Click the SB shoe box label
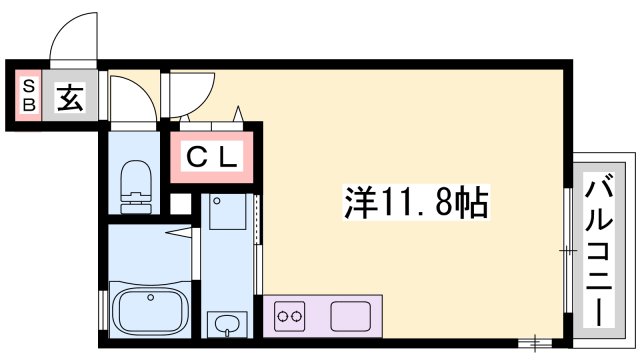click(x=28, y=95)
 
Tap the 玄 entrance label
click(x=71, y=99)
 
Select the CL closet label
click(x=212, y=157)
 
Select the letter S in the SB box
click(x=28, y=85)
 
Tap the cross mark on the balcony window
click(x=568, y=250)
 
